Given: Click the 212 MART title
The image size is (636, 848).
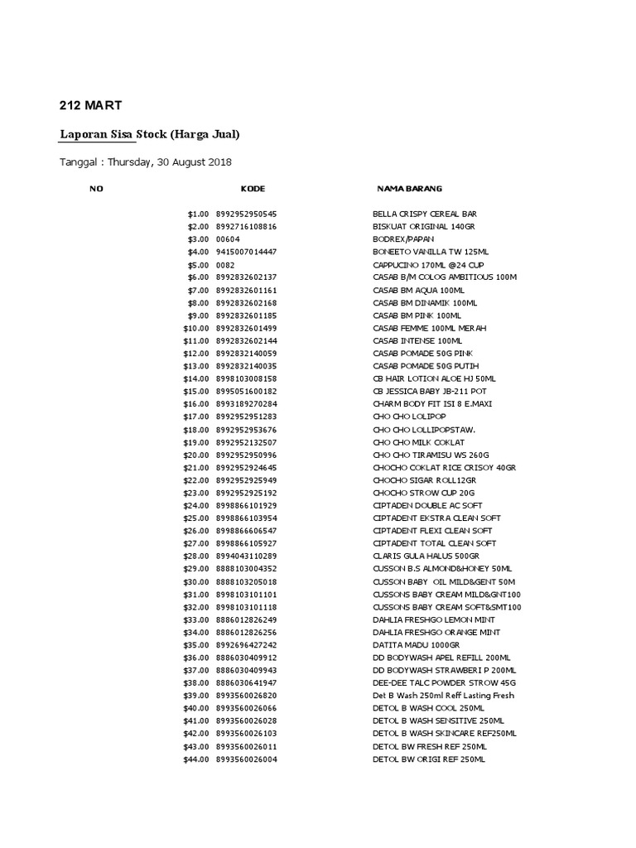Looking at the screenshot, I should [91, 105].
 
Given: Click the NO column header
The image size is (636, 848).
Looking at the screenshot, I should [96, 190].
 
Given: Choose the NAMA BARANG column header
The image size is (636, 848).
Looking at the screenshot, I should [409, 190].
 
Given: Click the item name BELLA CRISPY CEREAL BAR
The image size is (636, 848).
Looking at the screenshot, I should [424, 214].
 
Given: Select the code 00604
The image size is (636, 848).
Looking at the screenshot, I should [228, 239].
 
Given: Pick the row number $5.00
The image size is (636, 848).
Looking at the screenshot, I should [199, 265].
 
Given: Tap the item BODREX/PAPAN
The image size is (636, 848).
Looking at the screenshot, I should [403, 239].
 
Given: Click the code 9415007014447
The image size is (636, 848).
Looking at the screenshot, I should [246, 252].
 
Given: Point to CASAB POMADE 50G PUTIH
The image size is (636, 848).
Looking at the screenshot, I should [426, 366].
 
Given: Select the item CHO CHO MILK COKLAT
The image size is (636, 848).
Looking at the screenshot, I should [419, 442].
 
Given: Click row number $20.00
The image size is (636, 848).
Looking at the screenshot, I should [197, 455].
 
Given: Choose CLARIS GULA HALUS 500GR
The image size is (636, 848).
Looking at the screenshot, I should [426, 556].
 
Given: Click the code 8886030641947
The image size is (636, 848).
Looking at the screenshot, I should [246, 682].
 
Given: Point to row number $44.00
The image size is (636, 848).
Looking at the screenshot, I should [197, 759].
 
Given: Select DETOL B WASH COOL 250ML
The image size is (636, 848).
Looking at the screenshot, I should [428, 708].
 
